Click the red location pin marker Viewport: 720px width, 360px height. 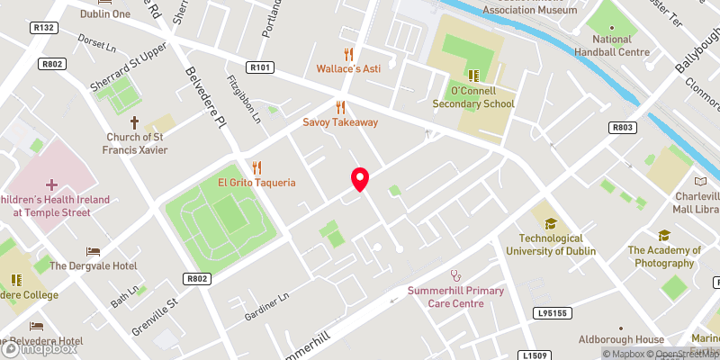click(x=360, y=179)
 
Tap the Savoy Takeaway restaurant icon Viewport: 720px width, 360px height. click(x=340, y=107)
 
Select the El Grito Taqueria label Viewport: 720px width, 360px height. click(x=256, y=183)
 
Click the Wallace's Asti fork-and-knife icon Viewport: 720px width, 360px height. click(x=349, y=53)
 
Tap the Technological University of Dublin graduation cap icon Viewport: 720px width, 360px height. click(x=550, y=223)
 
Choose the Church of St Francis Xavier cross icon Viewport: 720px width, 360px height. click(x=135, y=121)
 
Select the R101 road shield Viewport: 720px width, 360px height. click(x=260, y=67)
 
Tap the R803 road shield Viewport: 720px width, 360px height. click(x=622, y=128)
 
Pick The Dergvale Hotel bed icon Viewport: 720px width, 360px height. click(x=93, y=251)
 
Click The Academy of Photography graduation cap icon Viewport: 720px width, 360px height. click(x=664, y=235)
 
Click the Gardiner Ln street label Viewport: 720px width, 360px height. click(x=270, y=308)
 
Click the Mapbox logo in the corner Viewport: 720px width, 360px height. click(x=38, y=348)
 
